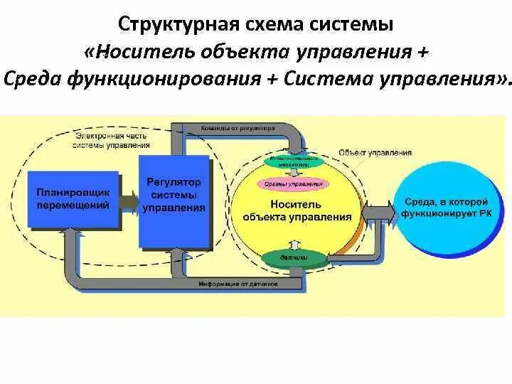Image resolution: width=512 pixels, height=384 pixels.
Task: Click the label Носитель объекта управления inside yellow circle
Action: click(297, 210)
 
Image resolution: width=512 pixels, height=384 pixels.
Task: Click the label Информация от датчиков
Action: click(239, 284)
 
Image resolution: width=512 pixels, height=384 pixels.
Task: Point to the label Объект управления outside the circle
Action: click(375, 152)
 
